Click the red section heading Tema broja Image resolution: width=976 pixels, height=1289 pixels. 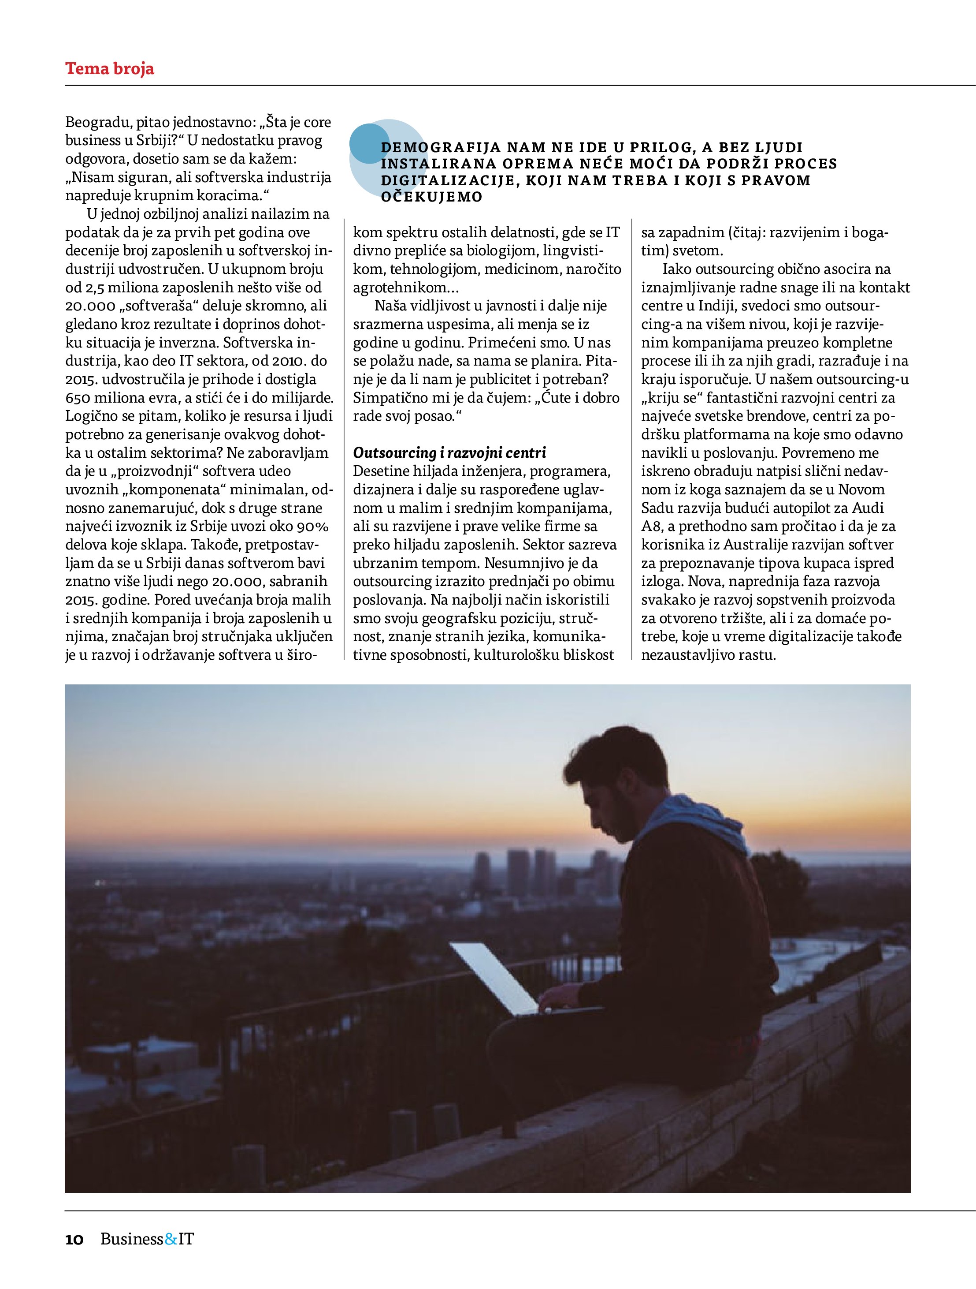point(109,69)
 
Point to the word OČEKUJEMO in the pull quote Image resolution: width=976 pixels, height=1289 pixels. point(431,197)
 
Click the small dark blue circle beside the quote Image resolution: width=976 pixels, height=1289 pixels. point(369,143)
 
